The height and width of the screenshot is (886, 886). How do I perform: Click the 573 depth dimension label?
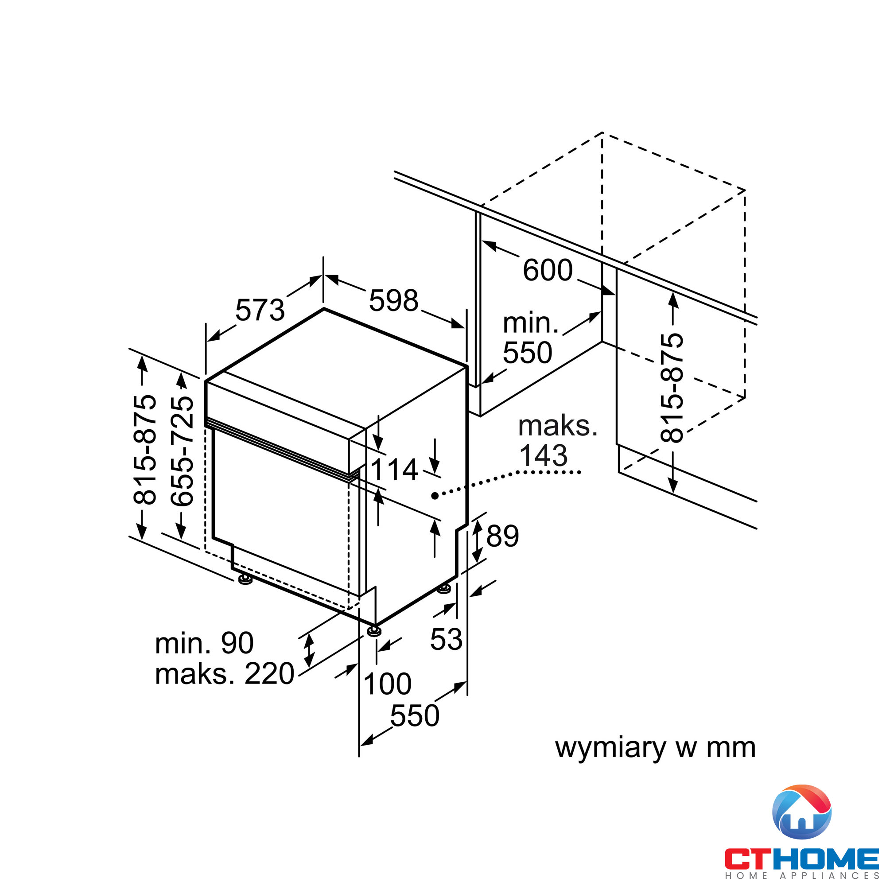pyautogui.click(x=260, y=310)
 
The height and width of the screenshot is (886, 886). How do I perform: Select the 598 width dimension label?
pyautogui.click(x=393, y=301)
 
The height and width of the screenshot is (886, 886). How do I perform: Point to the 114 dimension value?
pyautogui.click(x=394, y=470)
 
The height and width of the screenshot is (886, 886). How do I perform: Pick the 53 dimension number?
pyautogui.click(x=446, y=639)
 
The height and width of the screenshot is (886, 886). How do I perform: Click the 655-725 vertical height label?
pyautogui.click(x=182, y=451)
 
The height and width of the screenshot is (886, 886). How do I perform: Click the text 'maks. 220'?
pyautogui.click(x=225, y=674)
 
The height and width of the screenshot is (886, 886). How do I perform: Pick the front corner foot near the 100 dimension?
pyautogui.click(x=374, y=630)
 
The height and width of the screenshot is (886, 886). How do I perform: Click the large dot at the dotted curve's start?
pyautogui.click(x=434, y=496)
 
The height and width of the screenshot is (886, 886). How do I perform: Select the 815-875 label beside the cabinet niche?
pyautogui.click(x=672, y=388)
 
